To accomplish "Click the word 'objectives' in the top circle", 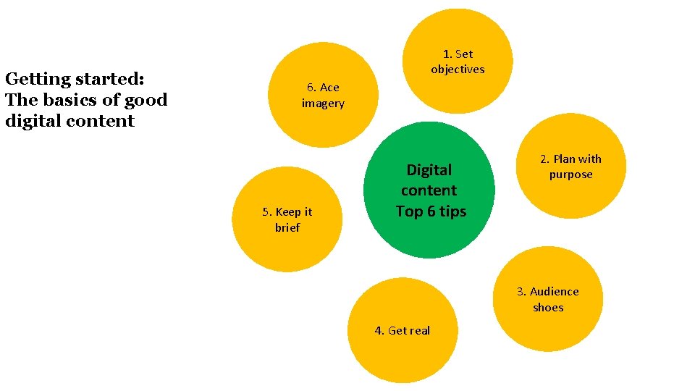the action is click(x=458, y=70).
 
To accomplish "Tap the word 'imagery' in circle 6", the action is click(x=323, y=104).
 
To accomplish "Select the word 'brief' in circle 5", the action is click(x=287, y=227).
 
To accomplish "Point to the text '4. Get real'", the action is click(x=402, y=331).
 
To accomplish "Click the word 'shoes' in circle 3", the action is click(x=548, y=308).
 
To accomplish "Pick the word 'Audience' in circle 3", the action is click(x=555, y=292).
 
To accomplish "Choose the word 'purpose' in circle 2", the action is click(x=570, y=175).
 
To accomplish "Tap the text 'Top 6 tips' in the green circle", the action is click(x=431, y=211).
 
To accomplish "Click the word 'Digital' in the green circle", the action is click(x=429, y=170).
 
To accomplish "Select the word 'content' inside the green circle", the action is click(x=429, y=190).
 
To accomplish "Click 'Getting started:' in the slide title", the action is click(x=75, y=79).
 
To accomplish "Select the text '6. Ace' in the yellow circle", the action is click(x=322, y=88).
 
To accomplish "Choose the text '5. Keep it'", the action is click(x=287, y=212).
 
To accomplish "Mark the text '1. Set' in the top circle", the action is click(x=458, y=54).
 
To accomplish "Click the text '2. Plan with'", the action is click(x=570, y=159).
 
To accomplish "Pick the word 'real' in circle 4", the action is click(x=419, y=331).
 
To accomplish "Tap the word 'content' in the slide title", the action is click(x=100, y=121).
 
